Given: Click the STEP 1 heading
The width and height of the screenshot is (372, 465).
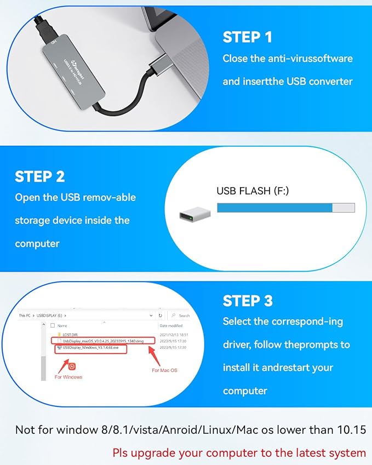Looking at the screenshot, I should point(247,38).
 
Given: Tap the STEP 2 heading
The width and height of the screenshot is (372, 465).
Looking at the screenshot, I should point(40,177).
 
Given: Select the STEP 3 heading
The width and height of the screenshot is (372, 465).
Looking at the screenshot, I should point(247,301).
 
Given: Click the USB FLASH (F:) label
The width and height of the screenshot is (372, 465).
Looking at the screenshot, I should point(251,191).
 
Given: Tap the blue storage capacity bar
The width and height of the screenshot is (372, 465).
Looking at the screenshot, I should point(274,208).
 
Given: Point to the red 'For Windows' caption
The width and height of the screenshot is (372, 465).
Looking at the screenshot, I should point(68,377).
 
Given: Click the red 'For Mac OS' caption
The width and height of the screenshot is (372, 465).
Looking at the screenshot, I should point(164,371).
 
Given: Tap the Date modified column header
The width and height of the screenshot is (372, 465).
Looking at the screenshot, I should point(170,325).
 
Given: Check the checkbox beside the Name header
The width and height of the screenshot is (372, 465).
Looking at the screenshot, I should point(52,325).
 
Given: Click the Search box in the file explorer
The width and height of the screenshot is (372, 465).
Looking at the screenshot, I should point(181,315).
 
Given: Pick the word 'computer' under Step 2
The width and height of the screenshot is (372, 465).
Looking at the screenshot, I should point(37,243).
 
